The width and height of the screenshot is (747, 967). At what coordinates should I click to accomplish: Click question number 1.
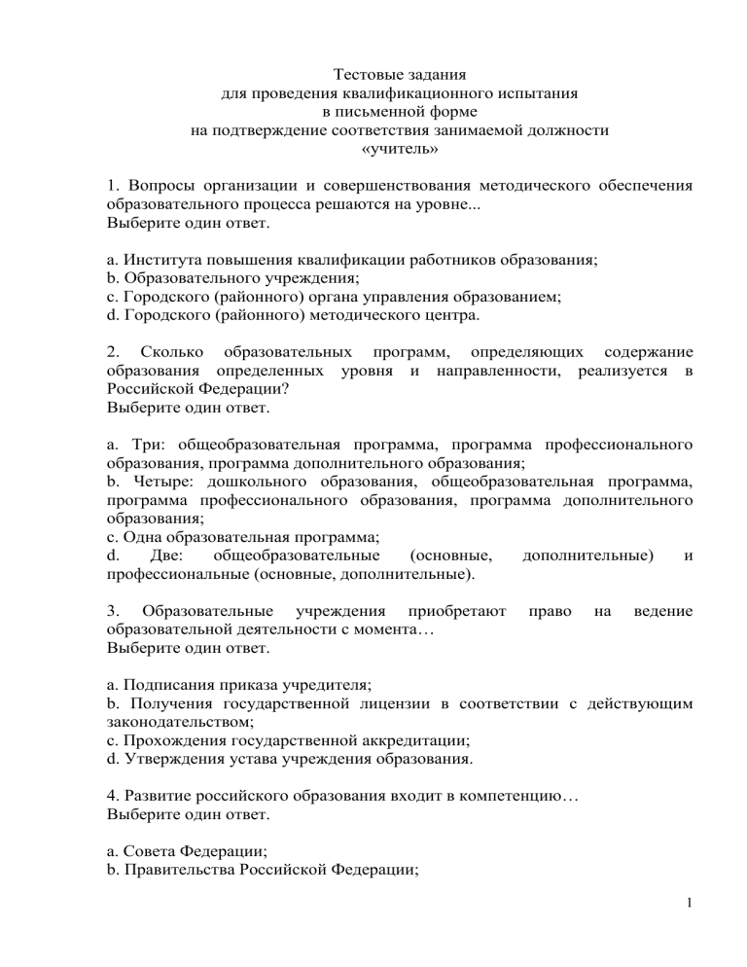pos(111,184)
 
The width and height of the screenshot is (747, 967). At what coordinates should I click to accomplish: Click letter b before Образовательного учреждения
pos(112,279)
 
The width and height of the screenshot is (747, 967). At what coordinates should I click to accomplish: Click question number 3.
pos(112,610)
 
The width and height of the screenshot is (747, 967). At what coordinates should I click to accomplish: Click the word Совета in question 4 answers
pos(146,853)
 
